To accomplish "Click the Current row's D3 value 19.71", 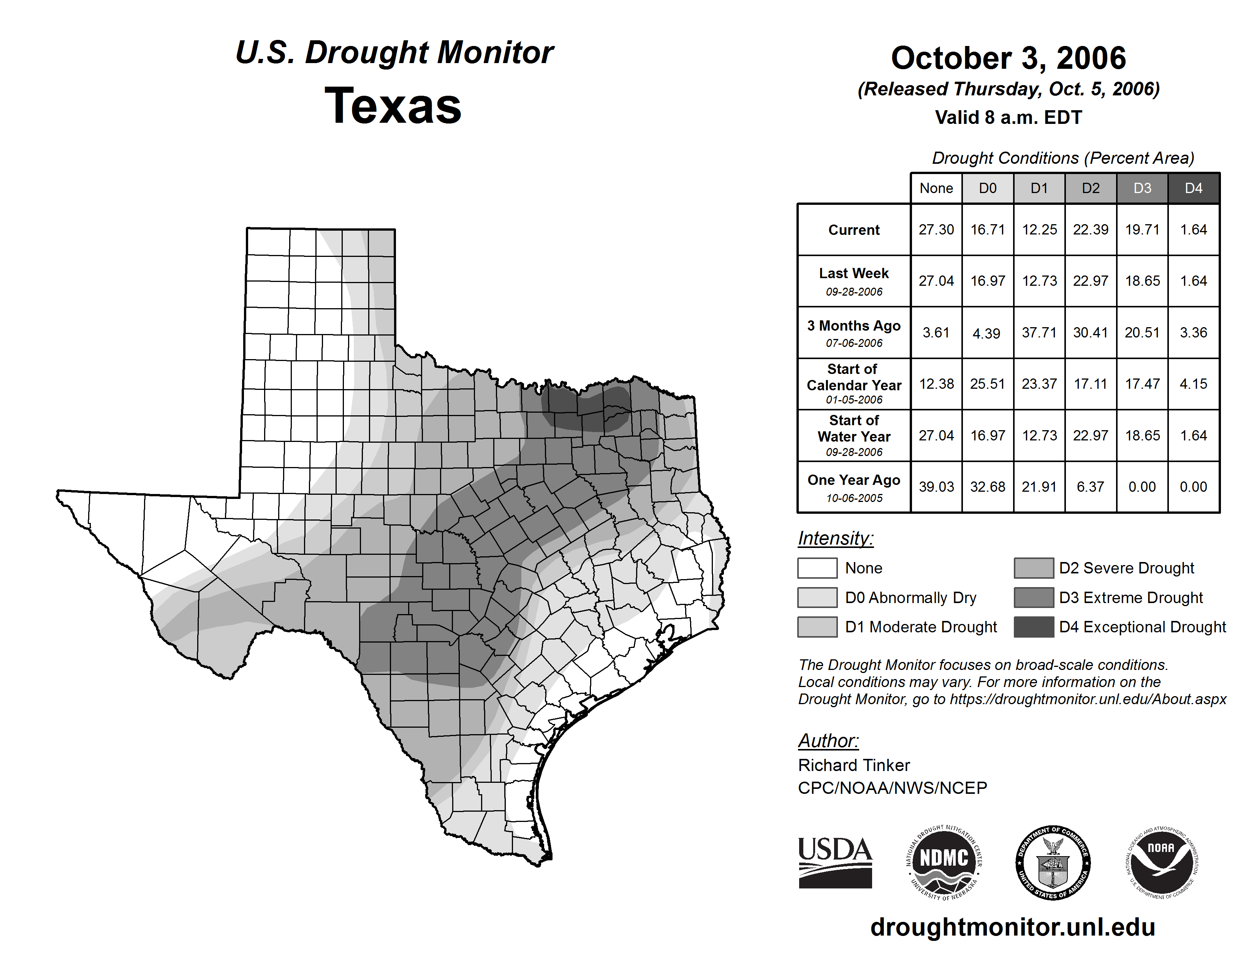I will (x=1142, y=230).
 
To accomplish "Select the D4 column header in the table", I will (x=1193, y=188).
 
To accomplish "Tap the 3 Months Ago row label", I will (x=854, y=332).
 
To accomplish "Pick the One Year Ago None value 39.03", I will (x=936, y=487).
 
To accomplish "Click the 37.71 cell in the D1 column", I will (x=1039, y=332).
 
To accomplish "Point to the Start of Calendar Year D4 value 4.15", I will (x=1193, y=383).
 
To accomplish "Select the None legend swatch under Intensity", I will (x=817, y=568).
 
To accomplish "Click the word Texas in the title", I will (x=393, y=106).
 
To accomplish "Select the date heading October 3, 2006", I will (x=1008, y=58).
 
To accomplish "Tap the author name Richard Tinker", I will (x=854, y=765).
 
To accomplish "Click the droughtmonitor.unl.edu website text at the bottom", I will (x=1012, y=927).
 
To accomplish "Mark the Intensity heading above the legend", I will (x=835, y=538).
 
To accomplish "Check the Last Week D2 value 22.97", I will (x=1090, y=281).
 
